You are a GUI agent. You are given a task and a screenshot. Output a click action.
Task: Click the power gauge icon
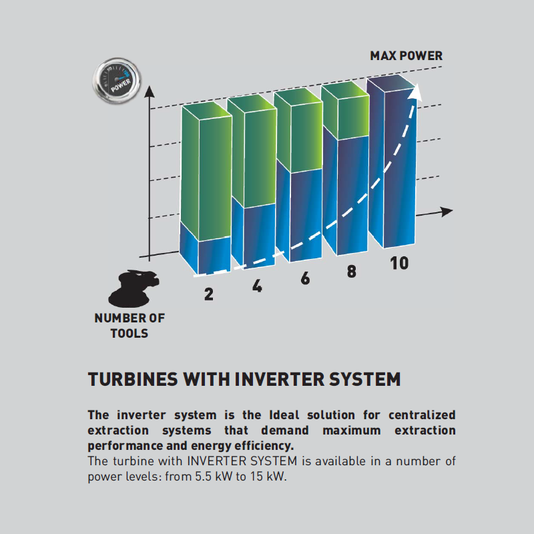pos(117,80)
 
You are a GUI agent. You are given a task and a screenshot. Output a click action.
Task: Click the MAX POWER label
pos(406,56)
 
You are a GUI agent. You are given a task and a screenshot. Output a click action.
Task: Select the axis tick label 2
pos(209,294)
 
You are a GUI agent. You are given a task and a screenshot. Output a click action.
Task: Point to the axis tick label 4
pos(257,286)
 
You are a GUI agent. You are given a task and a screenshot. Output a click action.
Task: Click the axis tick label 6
pos(306,278)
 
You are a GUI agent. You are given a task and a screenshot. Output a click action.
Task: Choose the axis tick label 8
pos(352,272)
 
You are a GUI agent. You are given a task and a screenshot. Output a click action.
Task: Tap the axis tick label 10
pos(399,263)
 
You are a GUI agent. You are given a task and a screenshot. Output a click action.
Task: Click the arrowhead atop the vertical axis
pos(149,92)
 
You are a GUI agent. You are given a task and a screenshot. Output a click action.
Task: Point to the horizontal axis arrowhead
pos(446,212)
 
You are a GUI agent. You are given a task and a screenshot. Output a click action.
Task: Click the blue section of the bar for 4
pos(254,235)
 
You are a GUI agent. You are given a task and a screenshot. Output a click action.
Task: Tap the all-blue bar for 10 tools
pos(392,161)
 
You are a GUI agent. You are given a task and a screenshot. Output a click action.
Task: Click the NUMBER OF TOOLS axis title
pos(129,326)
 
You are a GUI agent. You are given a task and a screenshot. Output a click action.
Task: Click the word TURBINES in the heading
pos(133,379)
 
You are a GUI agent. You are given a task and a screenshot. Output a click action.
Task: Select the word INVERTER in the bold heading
pos(279,379)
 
